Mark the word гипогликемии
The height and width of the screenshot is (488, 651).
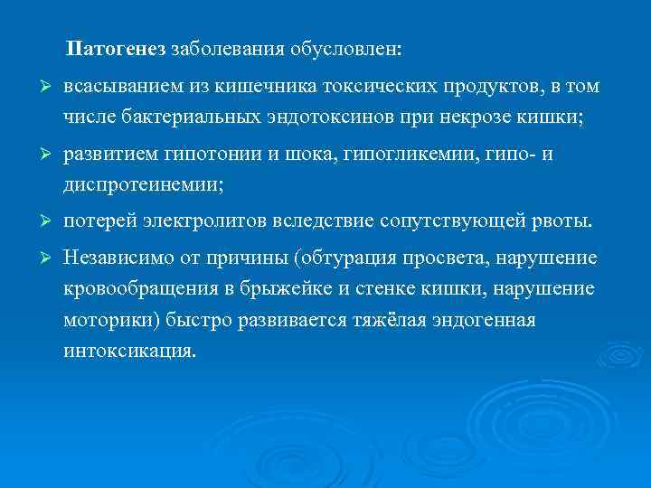tap(401, 155)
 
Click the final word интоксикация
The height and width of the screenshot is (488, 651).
tap(129, 350)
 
